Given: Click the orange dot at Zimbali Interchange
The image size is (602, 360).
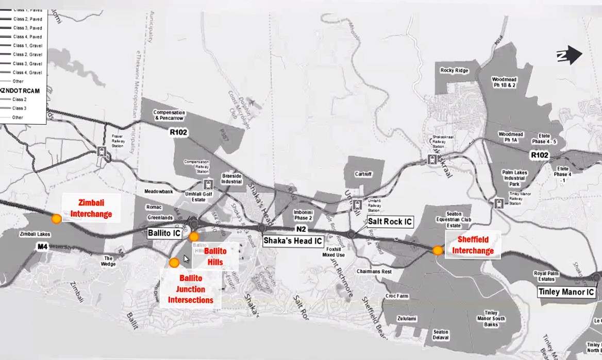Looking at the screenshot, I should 57,218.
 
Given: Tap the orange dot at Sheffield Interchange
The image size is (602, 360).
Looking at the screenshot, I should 438,250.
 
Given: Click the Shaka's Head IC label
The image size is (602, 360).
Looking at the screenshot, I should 293,241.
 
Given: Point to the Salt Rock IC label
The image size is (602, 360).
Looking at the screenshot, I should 390,222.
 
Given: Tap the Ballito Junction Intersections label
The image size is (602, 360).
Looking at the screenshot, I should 190,289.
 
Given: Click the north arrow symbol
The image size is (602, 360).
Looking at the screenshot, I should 569,55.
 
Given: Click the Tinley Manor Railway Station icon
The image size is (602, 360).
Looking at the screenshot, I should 498,203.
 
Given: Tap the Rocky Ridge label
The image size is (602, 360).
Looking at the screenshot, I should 454,70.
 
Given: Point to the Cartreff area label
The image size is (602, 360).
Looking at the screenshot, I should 363,174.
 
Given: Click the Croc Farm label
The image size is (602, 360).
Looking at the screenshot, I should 396,296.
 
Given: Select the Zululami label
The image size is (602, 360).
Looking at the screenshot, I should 407,319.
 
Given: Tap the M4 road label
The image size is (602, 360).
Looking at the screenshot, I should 42,247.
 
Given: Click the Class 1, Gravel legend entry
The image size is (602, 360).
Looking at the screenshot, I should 27,46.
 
